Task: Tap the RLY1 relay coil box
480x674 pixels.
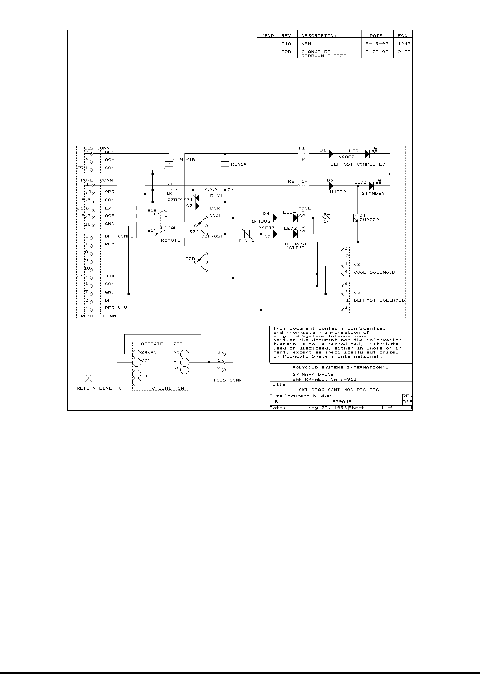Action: click(x=214, y=201)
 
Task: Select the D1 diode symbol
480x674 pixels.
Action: click(x=331, y=154)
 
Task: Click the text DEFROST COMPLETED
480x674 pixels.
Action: click(x=358, y=164)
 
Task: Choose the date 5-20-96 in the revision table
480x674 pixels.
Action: click(x=378, y=52)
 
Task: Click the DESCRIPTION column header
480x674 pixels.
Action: click(x=319, y=36)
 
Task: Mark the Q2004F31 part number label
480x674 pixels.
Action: click(x=180, y=199)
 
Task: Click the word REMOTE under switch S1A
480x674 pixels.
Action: click(x=170, y=240)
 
